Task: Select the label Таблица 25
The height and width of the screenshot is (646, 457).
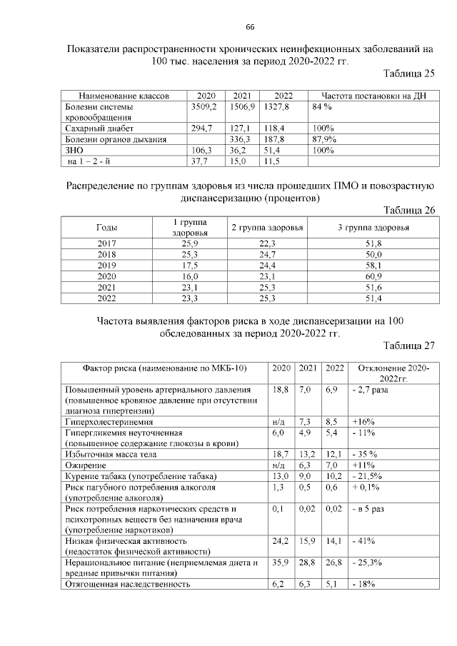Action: pyautogui.click(x=408, y=74)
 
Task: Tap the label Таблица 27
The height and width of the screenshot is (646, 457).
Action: pyautogui.click(x=408, y=346)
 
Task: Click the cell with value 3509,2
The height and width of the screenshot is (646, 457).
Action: pyautogui.click(x=204, y=106)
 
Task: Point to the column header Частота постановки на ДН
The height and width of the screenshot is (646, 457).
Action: pyautogui.click(x=373, y=96)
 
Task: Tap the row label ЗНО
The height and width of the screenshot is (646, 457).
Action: pyautogui.click(x=74, y=151)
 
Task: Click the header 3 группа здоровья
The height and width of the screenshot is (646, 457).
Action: pyautogui.click(x=373, y=227)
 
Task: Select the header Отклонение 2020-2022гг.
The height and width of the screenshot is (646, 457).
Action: pyautogui.click(x=389, y=373)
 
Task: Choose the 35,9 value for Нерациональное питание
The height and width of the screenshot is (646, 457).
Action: pyautogui.click(x=281, y=563)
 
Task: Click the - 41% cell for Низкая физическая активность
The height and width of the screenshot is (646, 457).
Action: pyautogui.click(x=362, y=540)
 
